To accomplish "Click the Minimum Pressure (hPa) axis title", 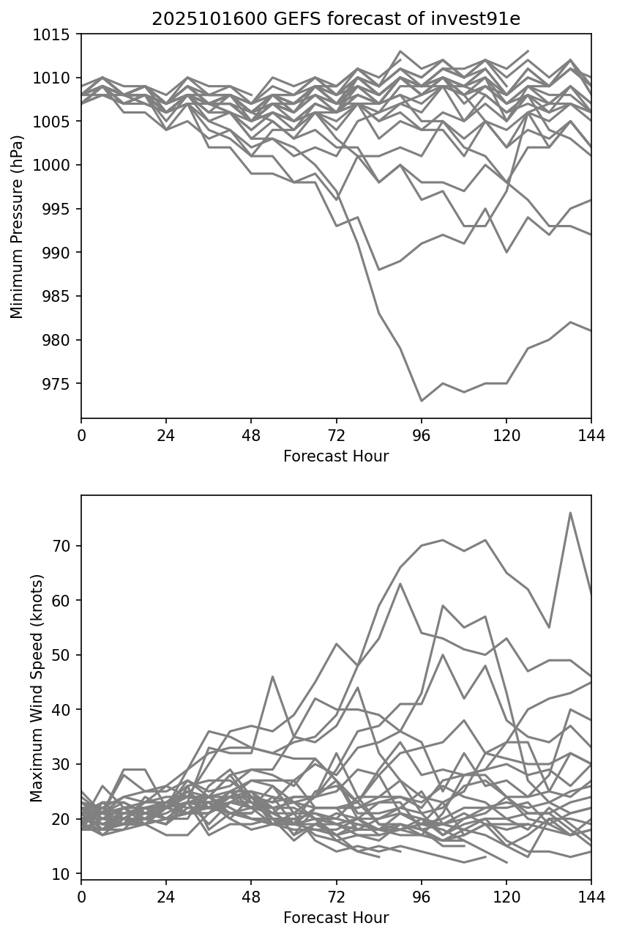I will pos(18,226).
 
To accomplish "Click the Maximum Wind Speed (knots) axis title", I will pos(37,687).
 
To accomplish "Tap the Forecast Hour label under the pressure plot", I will pos(336,456).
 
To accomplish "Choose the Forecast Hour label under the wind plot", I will pos(336,918).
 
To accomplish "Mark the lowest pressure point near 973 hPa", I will pos(421,401).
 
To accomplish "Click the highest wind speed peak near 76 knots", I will pos(570,513).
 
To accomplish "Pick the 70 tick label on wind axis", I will pos(67,546).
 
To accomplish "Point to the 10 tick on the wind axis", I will pos(67,873).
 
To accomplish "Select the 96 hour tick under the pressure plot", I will pos(421,437).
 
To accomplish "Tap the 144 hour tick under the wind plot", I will pos(591,898).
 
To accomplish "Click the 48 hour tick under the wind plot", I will pos(251,898).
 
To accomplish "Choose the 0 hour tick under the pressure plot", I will pos(81,437).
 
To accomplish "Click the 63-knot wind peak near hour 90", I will pos(400,584).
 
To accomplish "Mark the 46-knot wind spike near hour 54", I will pos(272,676).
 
